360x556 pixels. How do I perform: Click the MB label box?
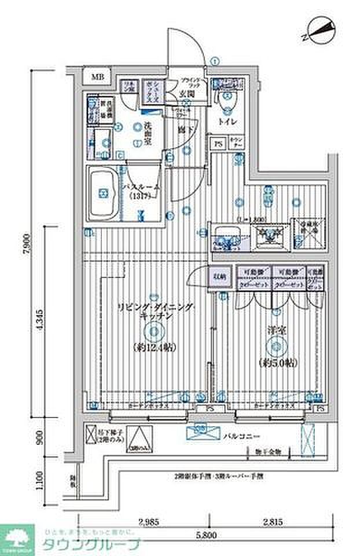click(x=96, y=76)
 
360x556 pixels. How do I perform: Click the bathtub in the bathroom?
click(x=104, y=193)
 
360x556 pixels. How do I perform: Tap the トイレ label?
click(x=227, y=122)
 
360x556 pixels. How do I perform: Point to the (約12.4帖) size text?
click(x=153, y=348)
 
